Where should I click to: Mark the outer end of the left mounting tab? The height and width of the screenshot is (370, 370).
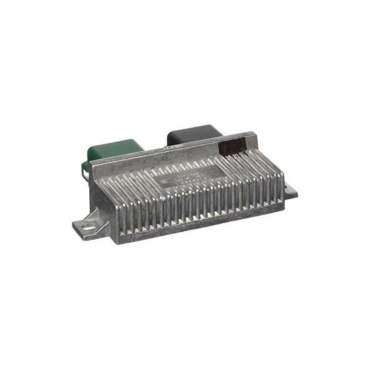(74, 227)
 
